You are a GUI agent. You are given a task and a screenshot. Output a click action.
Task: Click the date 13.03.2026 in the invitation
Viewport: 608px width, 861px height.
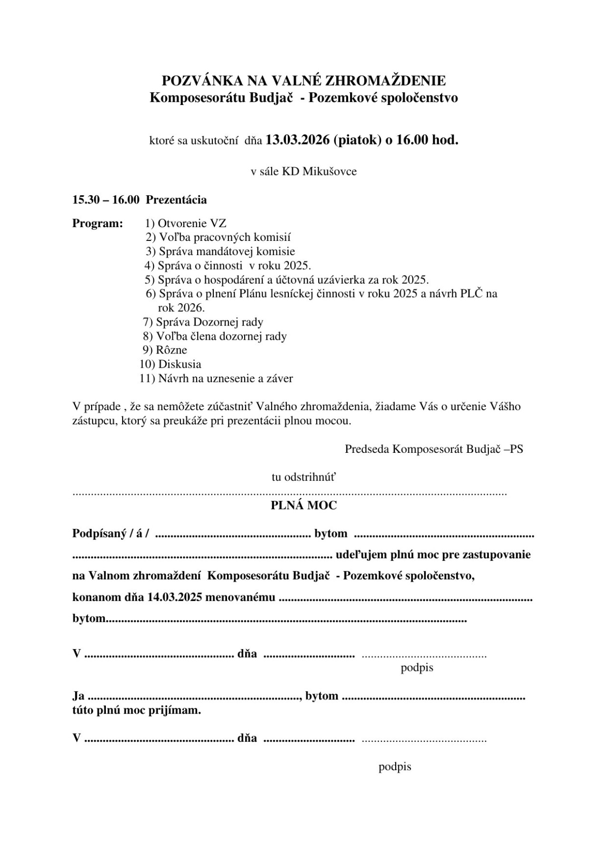(x=297, y=140)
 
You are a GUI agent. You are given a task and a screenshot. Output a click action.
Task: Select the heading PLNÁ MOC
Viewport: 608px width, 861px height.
(x=304, y=506)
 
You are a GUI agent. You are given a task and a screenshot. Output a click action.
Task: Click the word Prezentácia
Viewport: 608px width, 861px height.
(x=176, y=200)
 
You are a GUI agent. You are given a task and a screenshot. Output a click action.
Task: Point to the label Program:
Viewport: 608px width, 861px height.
(x=97, y=223)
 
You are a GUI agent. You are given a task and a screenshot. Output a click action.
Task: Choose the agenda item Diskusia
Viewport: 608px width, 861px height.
(x=180, y=364)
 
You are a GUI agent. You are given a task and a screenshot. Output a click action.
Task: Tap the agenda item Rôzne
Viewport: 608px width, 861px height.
(x=171, y=350)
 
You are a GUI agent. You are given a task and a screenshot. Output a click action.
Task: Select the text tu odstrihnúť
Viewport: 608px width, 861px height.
(x=304, y=477)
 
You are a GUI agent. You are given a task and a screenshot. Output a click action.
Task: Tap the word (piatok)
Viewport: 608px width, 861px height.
(x=357, y=140)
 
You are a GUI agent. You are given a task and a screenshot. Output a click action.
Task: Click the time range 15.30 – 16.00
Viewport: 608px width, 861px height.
(x=105, y=200)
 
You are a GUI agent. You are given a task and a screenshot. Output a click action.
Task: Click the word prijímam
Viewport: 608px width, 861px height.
(x=178, y=711)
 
